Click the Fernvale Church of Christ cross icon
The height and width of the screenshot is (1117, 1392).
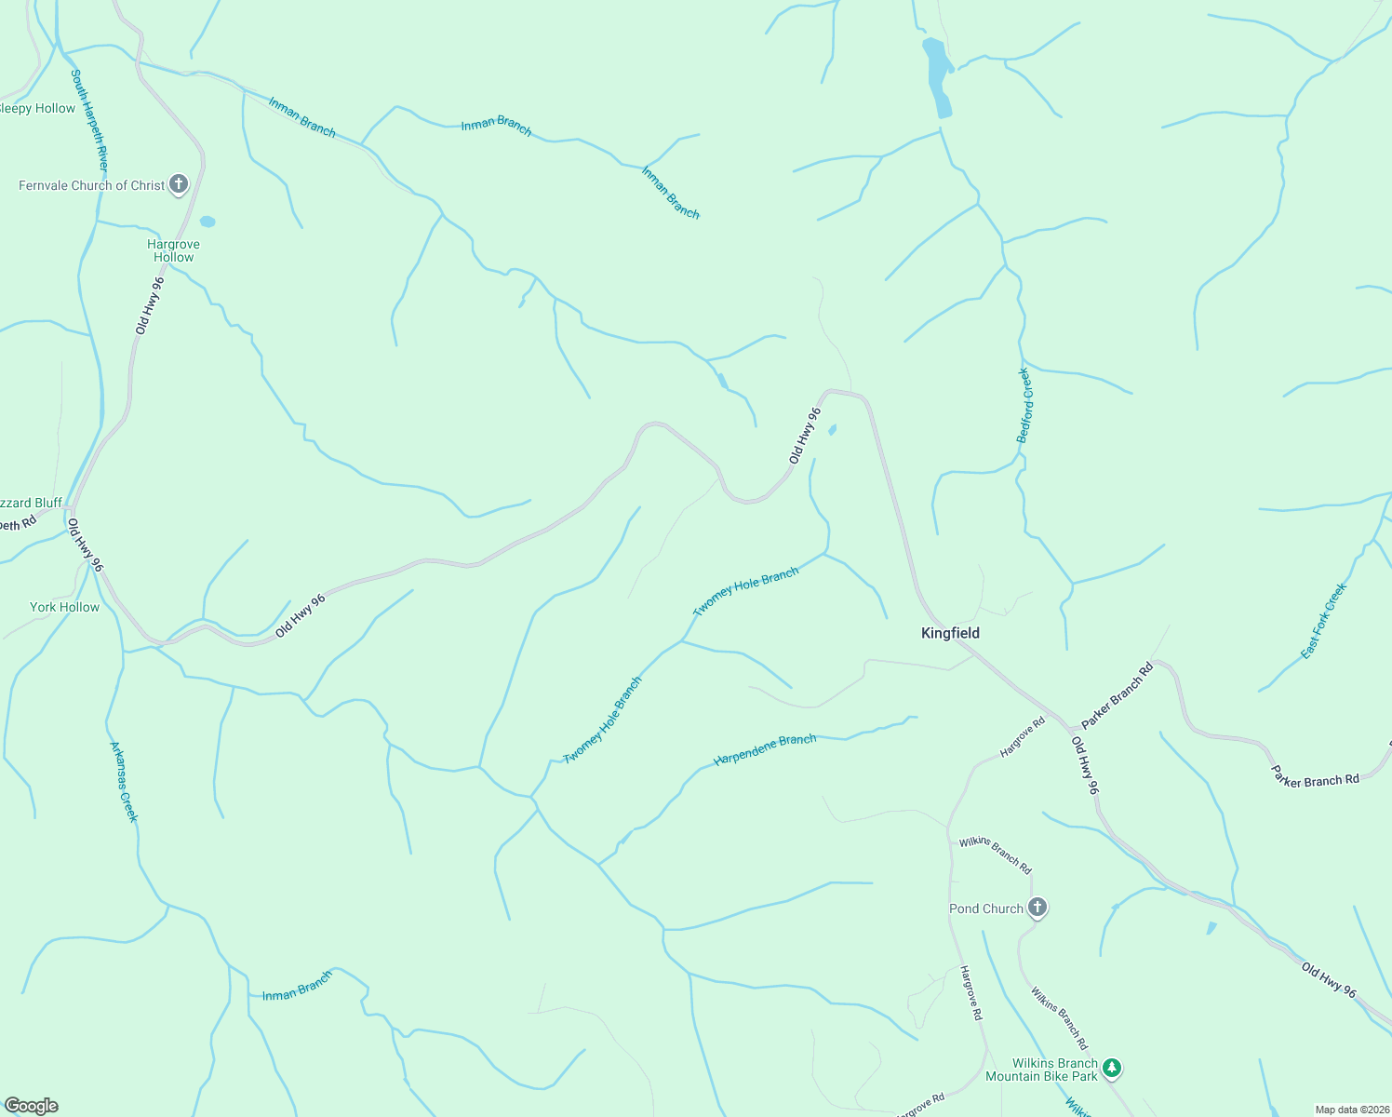pyautogui.click(x=179, y=184)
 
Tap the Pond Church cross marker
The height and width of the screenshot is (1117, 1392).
pyautogui.click(x=1037, y=908)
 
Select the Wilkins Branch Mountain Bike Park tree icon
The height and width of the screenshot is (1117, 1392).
pyautogui.click(x=1112, y=1069)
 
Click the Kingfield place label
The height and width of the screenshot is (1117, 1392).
pyautogui.click(x=950, y=633)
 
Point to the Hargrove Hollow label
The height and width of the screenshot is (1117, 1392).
pyautogui.click(x=173, y=250)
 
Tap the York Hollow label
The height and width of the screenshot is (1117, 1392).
pyautogui.click(x=64, y=607)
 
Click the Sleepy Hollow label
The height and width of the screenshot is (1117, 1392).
pyautogui.click(x=37, y=108)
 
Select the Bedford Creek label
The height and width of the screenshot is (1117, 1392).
pyautogui.click(x=1024, y=405)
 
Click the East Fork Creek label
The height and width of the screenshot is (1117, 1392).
pyautogui.click(x=1323, y=621)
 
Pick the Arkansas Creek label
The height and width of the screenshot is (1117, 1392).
pyautogui.click(x=124, y=781)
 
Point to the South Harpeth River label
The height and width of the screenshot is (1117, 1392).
pyautogui.click(x=90, y=119)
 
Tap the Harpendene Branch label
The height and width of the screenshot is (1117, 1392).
pyautogui.click(x=765, y=750)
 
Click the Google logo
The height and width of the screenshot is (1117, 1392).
pyautogui.click(x=31, y=1106)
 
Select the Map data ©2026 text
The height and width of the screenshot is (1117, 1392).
pyautogui.click(x=1351, y=1110)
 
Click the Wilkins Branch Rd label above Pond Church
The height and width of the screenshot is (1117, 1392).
pyautogui.click(x=995, y=855)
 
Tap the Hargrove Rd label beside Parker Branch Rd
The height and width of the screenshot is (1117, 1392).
pyautogui.click(x=1022, y=736)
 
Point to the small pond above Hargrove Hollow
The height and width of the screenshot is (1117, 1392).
pyautogui.click(x=207, y=222)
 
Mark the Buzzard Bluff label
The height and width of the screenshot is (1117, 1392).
pyautogui.click(x=31, y=503)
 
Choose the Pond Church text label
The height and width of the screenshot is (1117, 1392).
pyautogui.click(x=985, y=908)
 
